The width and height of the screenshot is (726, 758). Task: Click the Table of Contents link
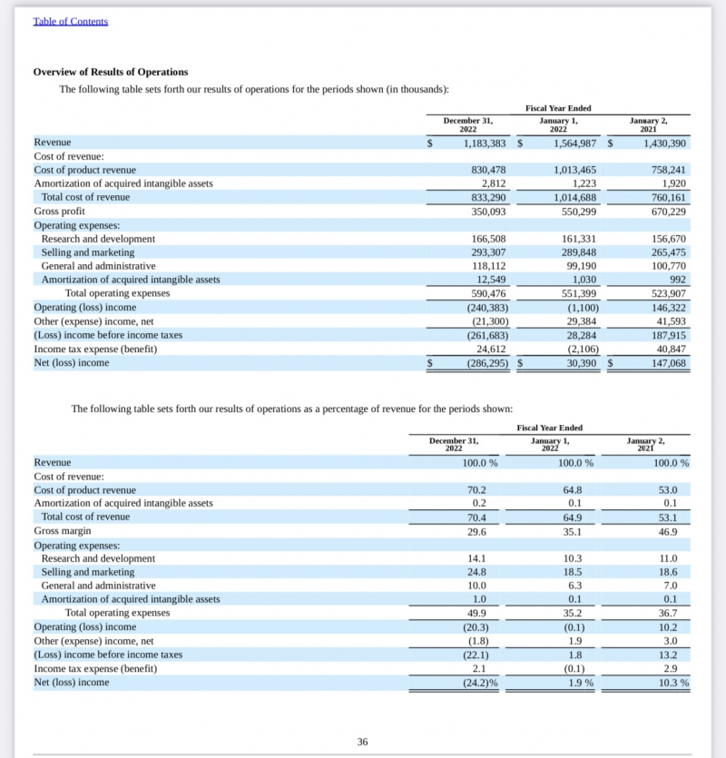[70, 21]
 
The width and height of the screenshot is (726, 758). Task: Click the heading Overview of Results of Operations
[111, 72]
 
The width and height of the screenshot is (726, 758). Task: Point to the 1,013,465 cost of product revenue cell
[575, 170]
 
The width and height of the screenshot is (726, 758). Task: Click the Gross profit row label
[59, 212]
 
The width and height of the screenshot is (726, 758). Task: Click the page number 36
[362, 742]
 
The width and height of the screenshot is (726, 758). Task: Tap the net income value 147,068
[665, 362]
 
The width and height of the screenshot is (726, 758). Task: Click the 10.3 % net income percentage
[671, 682]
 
